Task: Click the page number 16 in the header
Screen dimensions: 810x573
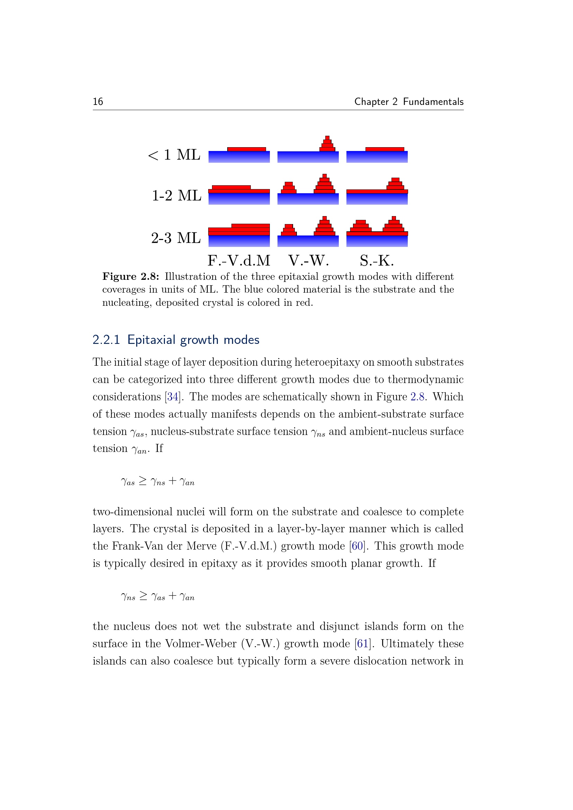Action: [98, 102]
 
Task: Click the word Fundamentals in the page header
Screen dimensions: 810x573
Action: [433, 102]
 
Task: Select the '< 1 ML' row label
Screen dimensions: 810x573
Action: [174, 155]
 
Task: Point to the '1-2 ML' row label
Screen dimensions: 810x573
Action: [176, 196]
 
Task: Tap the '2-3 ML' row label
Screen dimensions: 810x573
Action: [176, 238]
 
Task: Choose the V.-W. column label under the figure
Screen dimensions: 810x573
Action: [308, 261]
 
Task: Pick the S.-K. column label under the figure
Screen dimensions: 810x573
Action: [377, 261]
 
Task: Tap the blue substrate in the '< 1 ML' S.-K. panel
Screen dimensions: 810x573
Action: [377, 157]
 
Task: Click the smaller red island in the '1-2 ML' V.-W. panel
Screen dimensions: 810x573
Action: [289, 188]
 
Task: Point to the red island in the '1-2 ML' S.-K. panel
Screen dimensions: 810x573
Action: [395, 185]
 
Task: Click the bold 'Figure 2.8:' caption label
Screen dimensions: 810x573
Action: [131, 277]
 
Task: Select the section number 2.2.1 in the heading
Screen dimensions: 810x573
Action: [106, 340]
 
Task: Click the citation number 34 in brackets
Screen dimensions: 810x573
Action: [173, 397]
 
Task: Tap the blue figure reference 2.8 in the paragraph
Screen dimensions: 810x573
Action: [417, 397]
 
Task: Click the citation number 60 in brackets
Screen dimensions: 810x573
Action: [357, 546]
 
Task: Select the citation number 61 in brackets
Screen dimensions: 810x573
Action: [362, 644]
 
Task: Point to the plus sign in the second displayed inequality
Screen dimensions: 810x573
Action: [173, 596]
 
